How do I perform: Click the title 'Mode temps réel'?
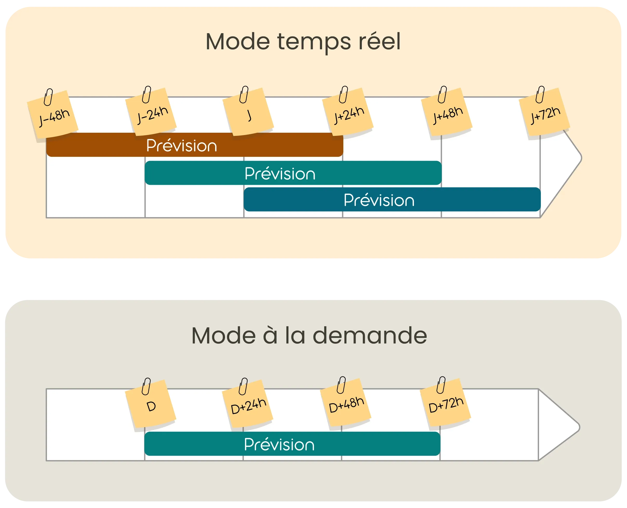(303, 41)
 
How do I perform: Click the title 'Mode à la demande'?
(309, 336)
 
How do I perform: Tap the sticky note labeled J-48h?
(53, 116)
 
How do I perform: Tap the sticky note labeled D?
(151, 405)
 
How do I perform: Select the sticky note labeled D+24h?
(248, 405)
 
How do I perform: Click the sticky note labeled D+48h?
(346, 404)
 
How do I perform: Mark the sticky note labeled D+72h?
(446, 404)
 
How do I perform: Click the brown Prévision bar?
(195, 145)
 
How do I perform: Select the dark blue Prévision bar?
(392, 200)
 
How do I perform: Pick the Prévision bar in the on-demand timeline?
(292, 444)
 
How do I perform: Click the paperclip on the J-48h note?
(48, 97)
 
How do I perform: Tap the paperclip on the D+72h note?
(441, 385)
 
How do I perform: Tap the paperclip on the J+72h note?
(540, 95)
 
